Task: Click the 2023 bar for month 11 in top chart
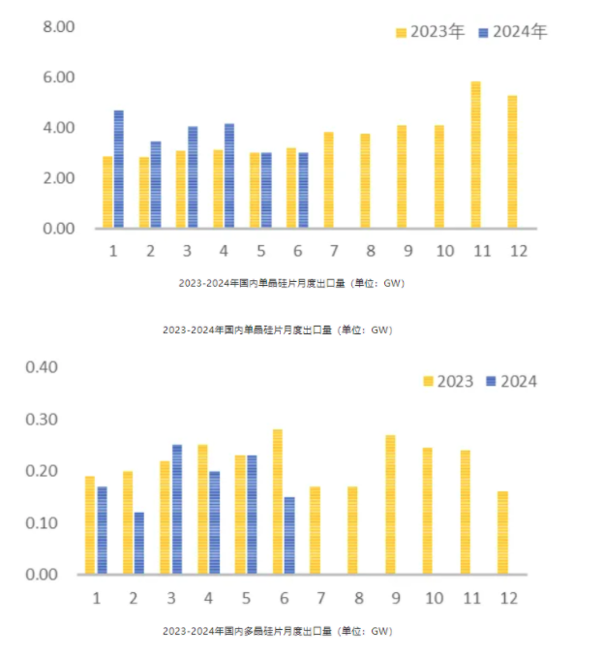[x=475, y=155]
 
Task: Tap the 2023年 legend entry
[x=431, y=32]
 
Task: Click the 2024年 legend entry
[x=513, y=32]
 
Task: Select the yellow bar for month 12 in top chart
[x=512, y=162]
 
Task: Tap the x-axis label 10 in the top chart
[x=444, y=251]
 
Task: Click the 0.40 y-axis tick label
[x=43, y=367]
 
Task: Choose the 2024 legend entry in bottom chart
[x=510, y=381]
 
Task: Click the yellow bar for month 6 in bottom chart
[x=277, y=502]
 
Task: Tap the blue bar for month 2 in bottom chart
[x=138, y=543]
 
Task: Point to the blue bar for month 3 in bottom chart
[x=176, y=510]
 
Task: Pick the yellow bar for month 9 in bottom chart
[x=390, y=505]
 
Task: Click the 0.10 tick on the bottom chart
[x=43, y=523]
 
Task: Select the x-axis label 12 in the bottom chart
[x=503, y=596]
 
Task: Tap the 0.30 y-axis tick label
[x=43, y=420]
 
